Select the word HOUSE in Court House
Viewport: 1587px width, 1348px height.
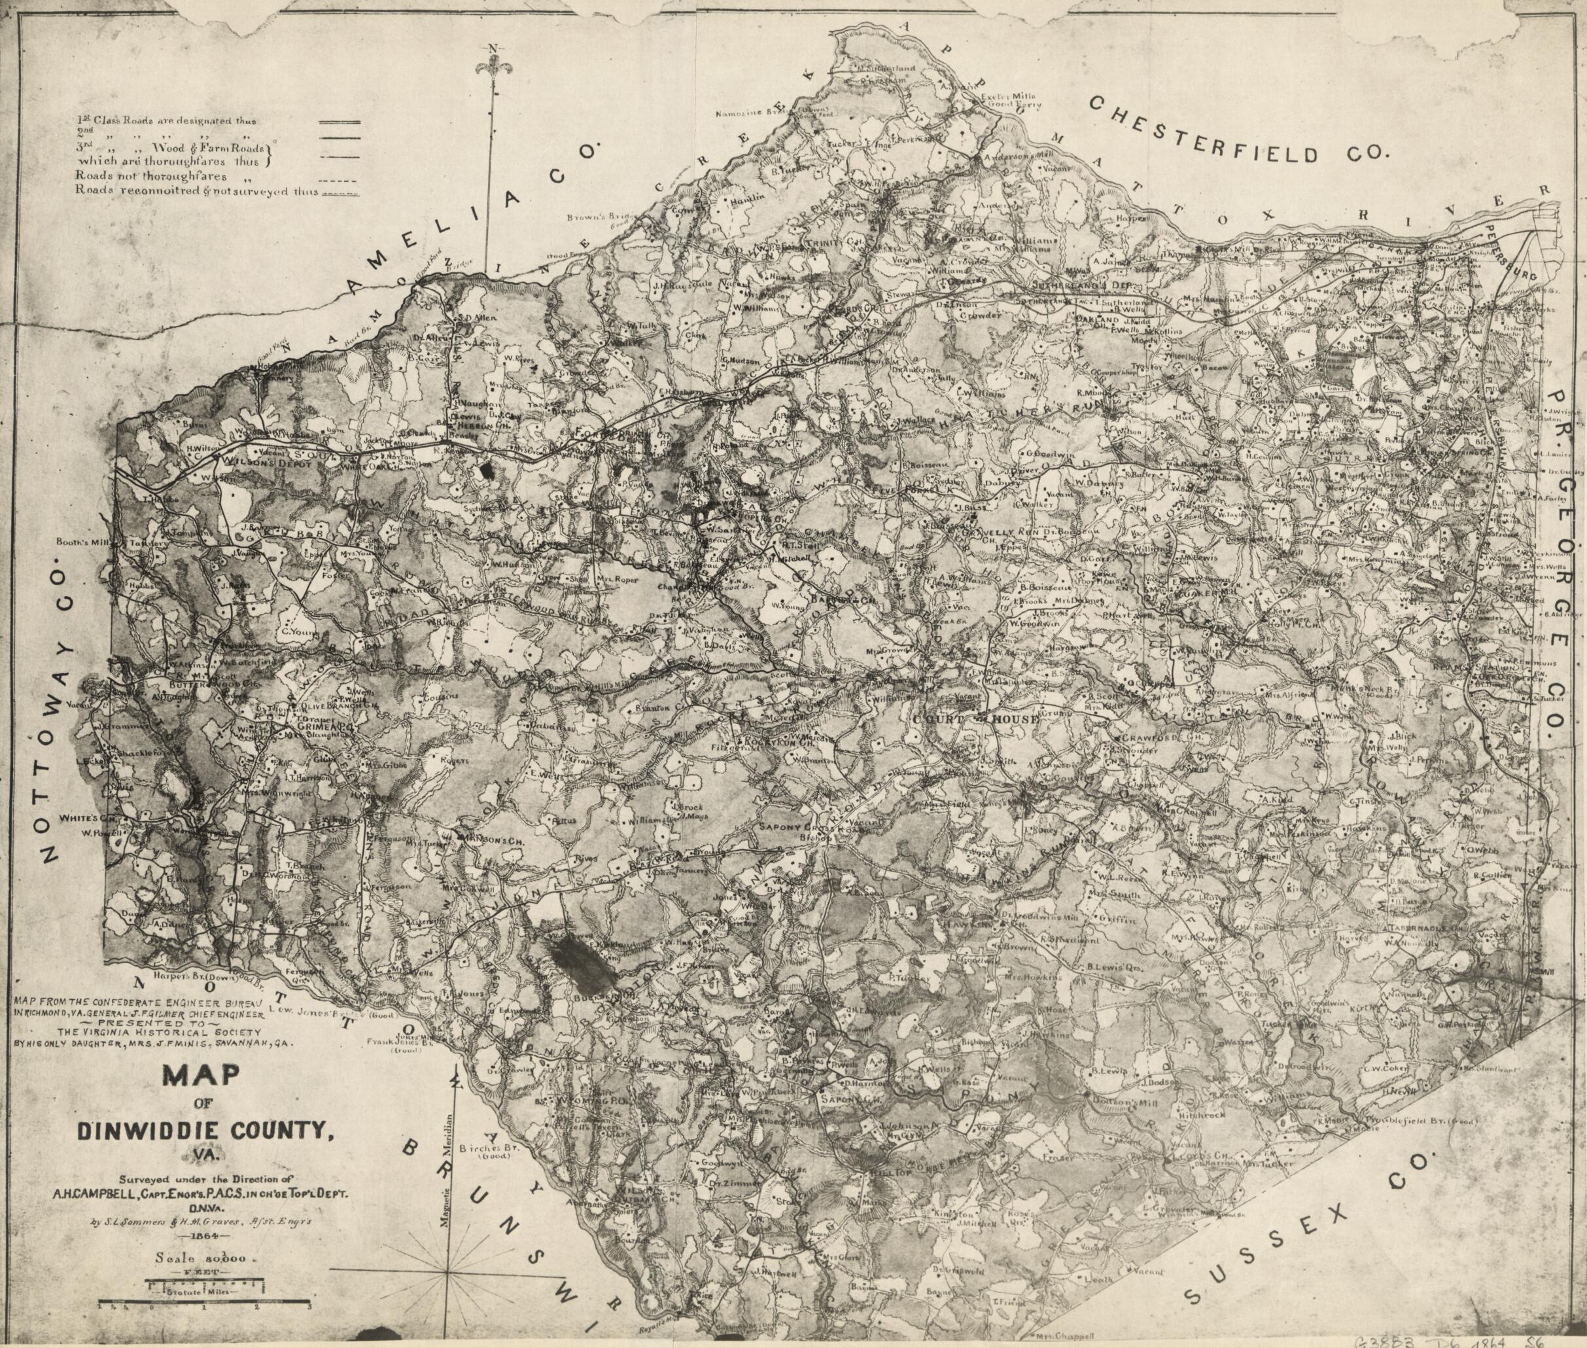1011,719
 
